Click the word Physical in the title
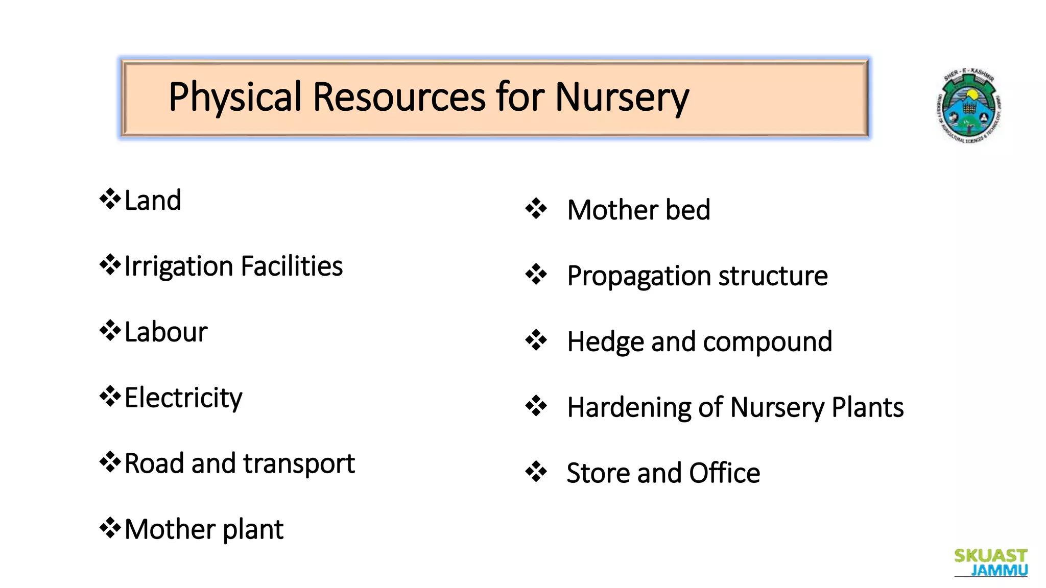(x=235, y=97)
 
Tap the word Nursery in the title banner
(x=622, y=97)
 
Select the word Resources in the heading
(x=399, y=97)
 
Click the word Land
(x=153, y=200)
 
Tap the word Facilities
(x=292, y=266)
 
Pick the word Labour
(x=166, y=332)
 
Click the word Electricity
(x=183, y=398)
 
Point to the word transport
(x=299, y=464)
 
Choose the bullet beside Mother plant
(x=110, y=528)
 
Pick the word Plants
(x=868, y=407)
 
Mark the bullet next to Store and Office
(x=536, y=472)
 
